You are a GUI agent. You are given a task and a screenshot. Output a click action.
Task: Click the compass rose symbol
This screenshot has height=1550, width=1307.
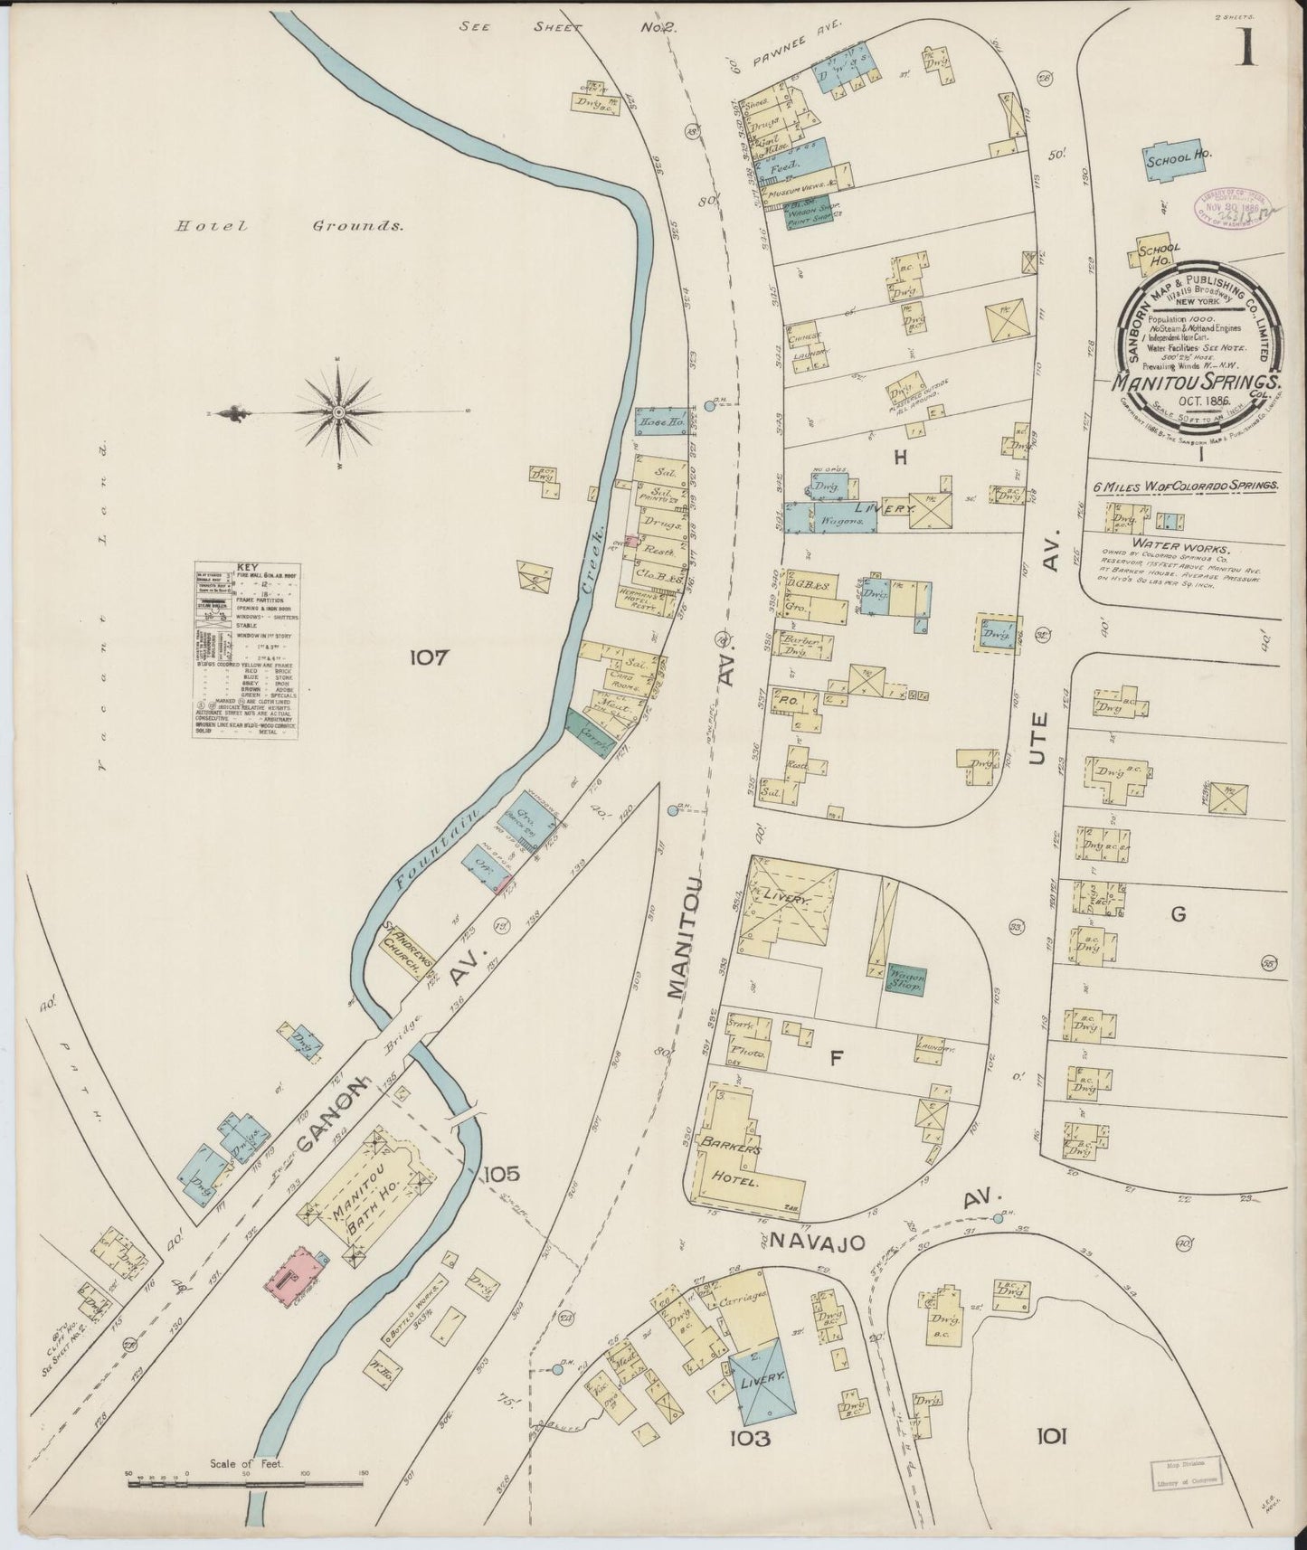[x=338, y=412]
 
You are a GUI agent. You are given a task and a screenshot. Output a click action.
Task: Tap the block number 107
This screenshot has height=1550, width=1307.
[x=428, y=657]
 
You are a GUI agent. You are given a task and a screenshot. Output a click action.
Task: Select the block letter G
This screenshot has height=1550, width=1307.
[x=1178, y=914]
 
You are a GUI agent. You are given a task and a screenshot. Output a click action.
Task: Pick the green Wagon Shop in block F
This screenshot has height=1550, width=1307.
[x=905, y=979]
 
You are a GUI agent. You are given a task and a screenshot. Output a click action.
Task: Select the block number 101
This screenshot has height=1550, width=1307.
[x=1052, y=1435]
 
